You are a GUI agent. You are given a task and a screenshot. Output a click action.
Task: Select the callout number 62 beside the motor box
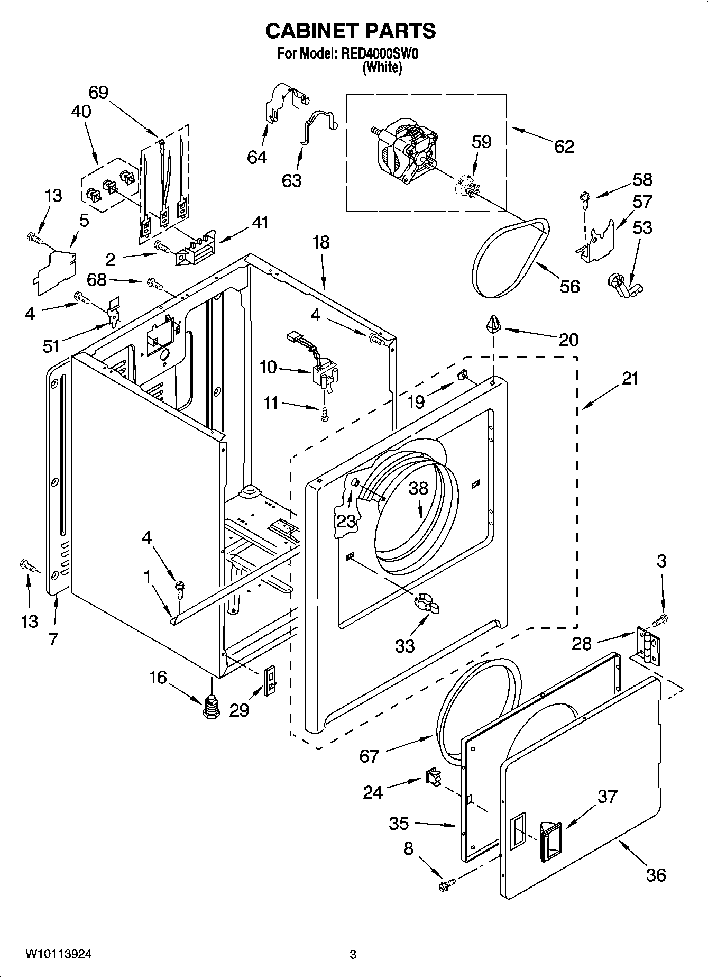(x=564, y=146)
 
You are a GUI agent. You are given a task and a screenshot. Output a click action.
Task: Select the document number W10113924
(x=58, y=954)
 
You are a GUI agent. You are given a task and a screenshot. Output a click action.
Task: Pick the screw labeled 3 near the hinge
(x=660, y=617)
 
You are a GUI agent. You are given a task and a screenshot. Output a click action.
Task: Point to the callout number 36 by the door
(x=656, y=874)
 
